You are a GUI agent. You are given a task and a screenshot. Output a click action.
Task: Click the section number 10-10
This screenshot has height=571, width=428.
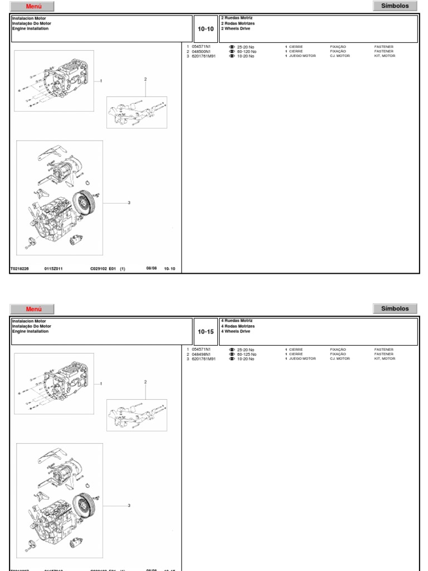tap(206, 29)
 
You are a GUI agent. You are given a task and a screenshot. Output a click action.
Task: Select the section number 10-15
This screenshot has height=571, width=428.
tap(206, 332)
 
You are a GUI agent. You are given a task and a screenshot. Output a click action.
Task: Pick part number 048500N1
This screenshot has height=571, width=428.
tap(201, 51)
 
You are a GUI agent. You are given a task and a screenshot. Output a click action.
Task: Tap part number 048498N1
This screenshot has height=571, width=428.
tap(201, 354)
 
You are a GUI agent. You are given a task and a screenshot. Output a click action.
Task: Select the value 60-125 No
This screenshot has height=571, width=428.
tap(246, 354)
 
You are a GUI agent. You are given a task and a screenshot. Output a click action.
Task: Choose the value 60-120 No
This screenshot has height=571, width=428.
tap(246, 51)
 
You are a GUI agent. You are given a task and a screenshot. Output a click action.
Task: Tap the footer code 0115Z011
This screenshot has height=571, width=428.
tap(53, 269)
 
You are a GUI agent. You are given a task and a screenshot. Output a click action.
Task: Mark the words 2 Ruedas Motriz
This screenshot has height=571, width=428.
tap(237, 18)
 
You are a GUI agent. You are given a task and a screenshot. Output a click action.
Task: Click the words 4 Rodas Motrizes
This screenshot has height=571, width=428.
tap(238, 326)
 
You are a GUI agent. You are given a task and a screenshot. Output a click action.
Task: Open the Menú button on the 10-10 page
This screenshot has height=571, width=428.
tap(33, 7)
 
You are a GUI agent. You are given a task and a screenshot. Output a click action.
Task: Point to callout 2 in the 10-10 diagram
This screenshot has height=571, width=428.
tap(145, 79)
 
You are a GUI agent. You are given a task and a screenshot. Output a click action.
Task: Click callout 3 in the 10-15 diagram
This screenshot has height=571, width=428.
tap(129, 505)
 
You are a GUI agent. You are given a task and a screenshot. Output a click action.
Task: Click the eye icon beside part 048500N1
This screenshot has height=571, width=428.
tap(232, 51)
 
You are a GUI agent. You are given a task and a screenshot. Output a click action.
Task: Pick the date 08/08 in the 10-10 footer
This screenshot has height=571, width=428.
tap(152, 268)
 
